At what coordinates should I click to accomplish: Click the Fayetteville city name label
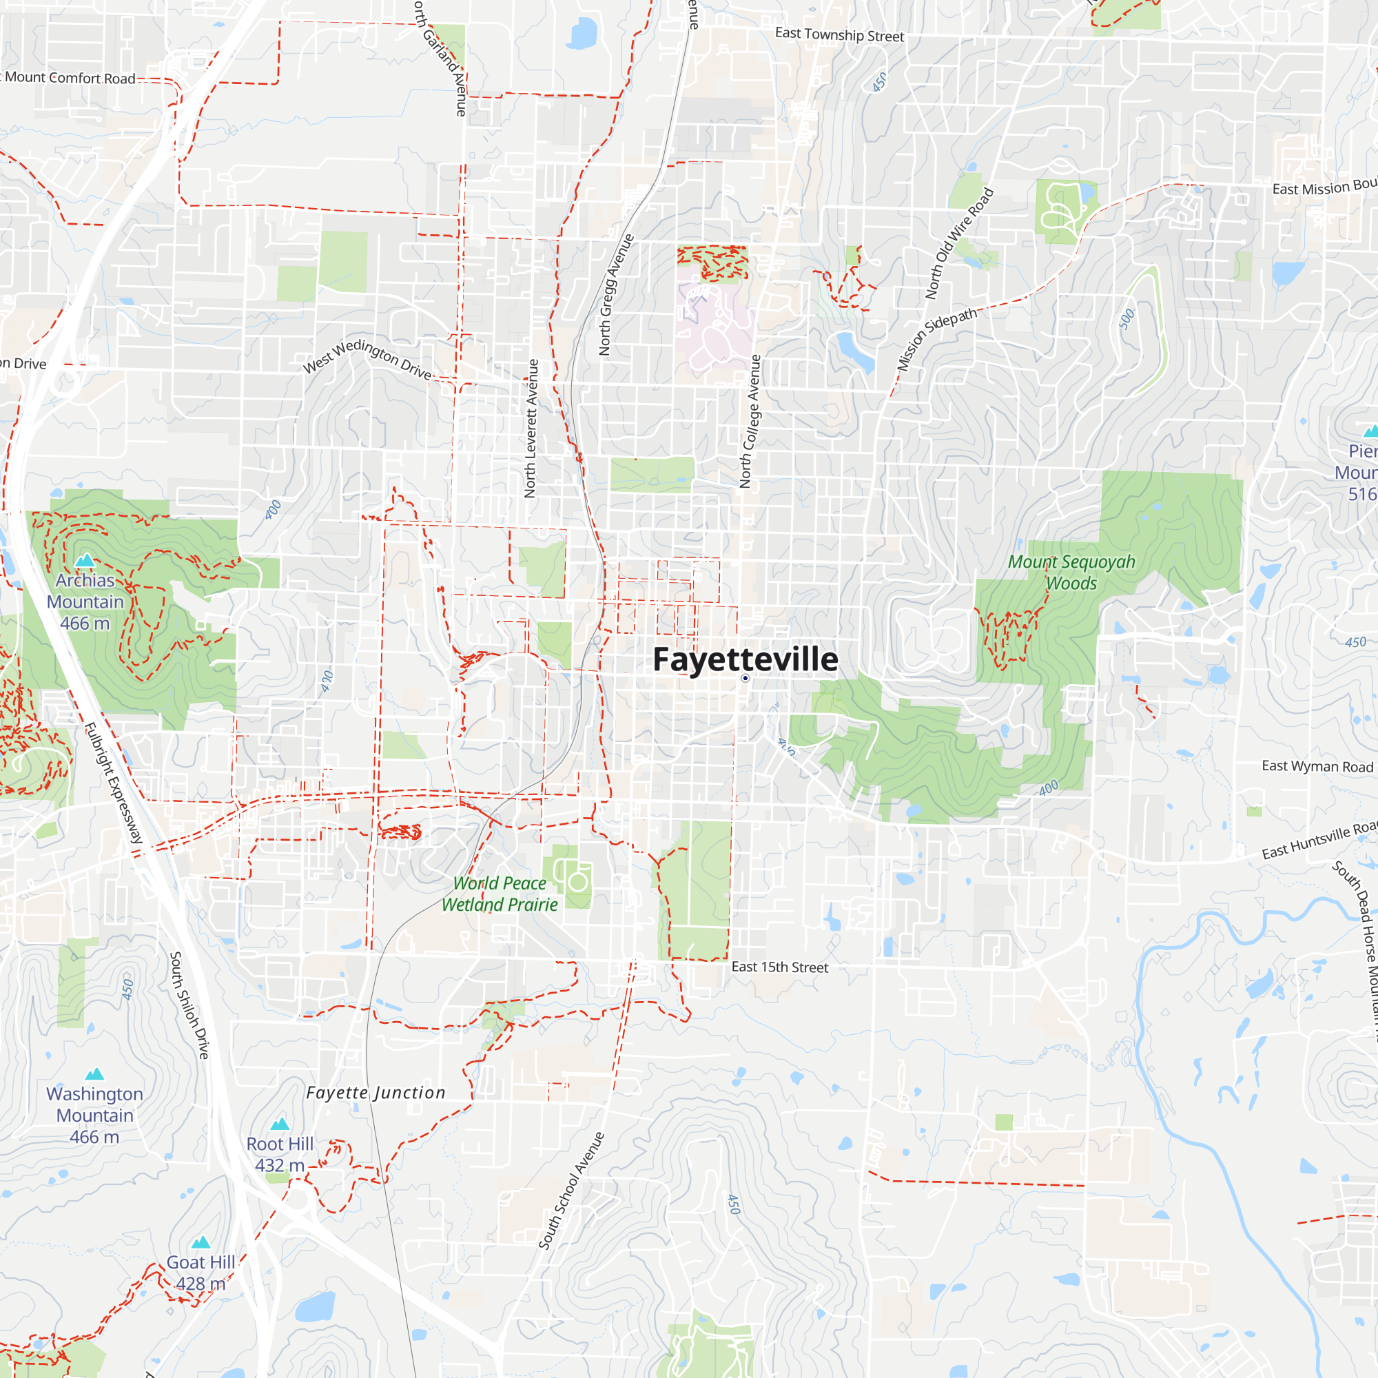(x=745, y=659)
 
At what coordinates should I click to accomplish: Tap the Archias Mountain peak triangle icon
(x=85, y=561)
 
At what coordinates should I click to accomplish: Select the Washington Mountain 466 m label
(x=94, y=1115)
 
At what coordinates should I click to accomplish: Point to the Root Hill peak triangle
(x=280, y=1124)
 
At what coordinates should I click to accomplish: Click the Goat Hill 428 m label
(x=200, y=1273)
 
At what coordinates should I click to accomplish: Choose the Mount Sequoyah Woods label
(x=1071, y=572)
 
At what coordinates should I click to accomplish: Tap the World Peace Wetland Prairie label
(x=500, y=894)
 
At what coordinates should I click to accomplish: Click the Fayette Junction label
(x=376, y=1093)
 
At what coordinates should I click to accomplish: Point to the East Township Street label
(x=839, y=34)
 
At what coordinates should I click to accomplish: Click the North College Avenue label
(x=750, y=421)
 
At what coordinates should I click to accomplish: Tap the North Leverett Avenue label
(x=531, y=428)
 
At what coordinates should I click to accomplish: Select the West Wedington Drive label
(x=367, y=359)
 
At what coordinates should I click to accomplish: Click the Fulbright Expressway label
(x=114, y=783)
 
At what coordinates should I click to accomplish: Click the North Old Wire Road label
(x=958, y=243)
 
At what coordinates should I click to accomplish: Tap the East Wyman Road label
(x=1317, y=766)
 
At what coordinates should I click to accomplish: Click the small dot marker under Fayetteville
(x=745, y=678)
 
